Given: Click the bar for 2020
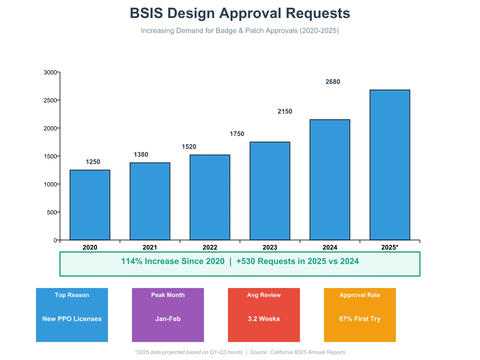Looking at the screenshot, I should pos(90,205).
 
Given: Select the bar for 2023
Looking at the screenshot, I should pos(270,191).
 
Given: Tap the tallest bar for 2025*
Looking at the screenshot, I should pos(390,165).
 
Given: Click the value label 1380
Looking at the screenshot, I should pos(141,155).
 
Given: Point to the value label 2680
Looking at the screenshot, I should pos(333,82).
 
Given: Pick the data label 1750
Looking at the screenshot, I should pos(237,134).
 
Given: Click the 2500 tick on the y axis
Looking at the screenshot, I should pos(50,100).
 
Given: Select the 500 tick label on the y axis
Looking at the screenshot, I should pos(52,212).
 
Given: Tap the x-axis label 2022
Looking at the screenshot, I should pos(210,247).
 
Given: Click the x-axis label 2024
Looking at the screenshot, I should pos(330,247).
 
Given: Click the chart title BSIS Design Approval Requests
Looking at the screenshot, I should pos(240,13).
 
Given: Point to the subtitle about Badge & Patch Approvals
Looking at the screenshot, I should pos(240,31).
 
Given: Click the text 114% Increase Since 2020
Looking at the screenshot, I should pos(173,261).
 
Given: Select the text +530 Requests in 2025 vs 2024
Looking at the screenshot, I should pos(297,261).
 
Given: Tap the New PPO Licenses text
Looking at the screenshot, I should pos(72,319).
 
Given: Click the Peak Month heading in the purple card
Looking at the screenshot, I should pos(168,295).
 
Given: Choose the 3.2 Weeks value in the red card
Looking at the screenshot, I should pos(264,319).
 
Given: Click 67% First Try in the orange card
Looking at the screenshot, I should pos(360,319).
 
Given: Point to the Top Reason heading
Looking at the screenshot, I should pos(72,295).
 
